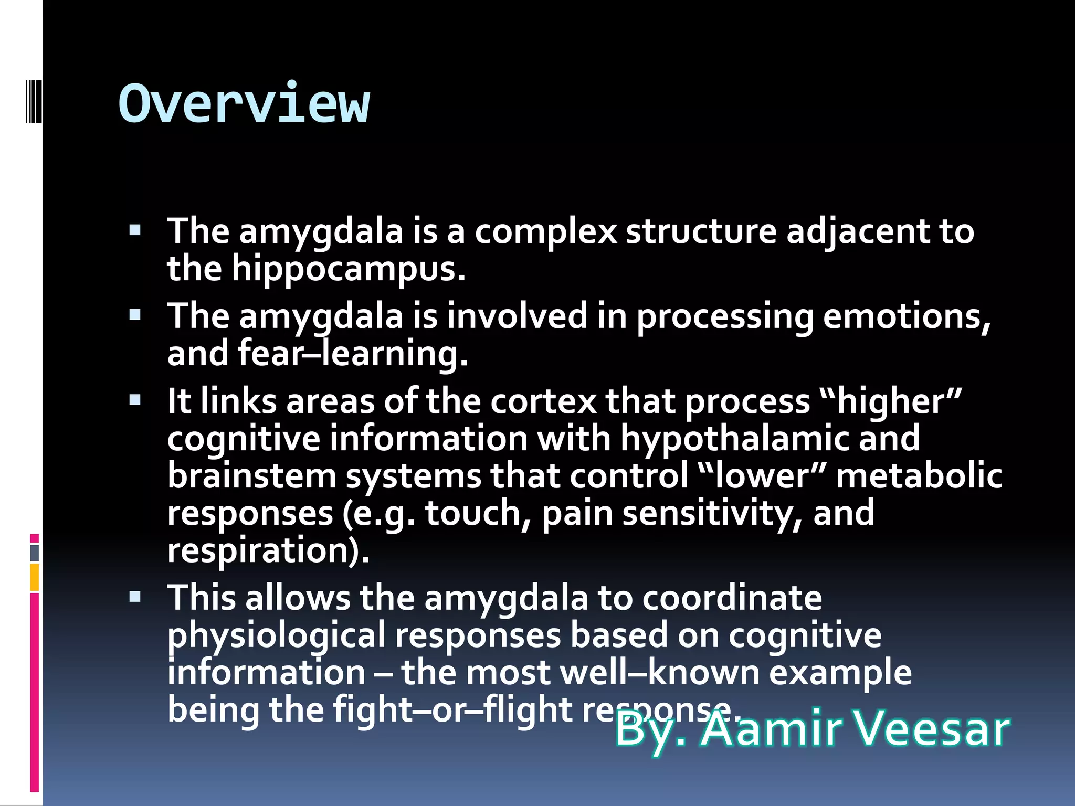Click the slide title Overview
(244, 103)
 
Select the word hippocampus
(349, 269)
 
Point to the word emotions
(907, 316)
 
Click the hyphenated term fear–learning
(353, 354)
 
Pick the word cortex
(543, 401)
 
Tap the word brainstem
(251, 476)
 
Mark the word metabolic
(919, 476)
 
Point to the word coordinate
(732, 598)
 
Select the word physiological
(277, 635)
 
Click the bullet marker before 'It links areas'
(135, 400)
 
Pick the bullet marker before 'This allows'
(135, 597)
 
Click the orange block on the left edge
(34, 577)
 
